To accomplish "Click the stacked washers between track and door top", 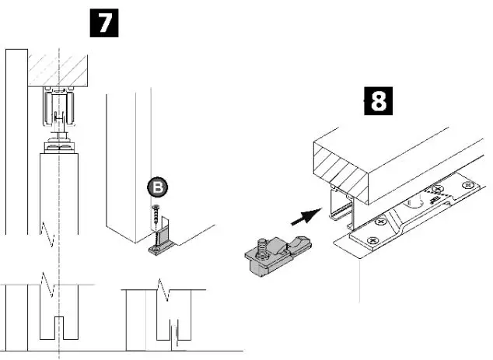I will pyautogui.click(x=59, y=145).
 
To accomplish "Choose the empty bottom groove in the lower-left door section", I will pyautogui.click(x=59, y=328).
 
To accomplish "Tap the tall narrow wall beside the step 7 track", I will pyautogui.click(x=16, y=140).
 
